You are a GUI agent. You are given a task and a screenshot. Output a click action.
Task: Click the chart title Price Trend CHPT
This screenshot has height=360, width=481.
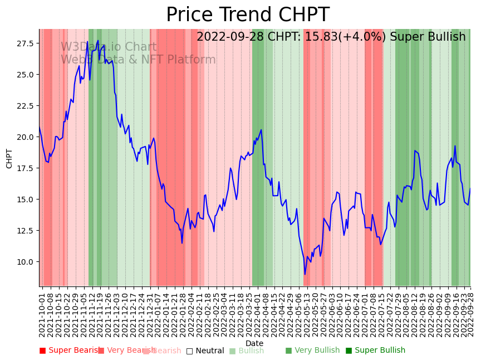click(x=248, y=15)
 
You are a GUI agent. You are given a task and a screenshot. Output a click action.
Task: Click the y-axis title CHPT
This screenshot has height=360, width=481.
click(x=9, y=158)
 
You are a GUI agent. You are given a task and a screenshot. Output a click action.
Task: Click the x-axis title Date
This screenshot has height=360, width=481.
click(x=254, y=343)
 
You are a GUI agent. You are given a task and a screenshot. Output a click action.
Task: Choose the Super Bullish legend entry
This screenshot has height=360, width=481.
click(x=376, y=351)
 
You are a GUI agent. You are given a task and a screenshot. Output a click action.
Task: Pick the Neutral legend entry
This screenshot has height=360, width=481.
click(x=205, y=351)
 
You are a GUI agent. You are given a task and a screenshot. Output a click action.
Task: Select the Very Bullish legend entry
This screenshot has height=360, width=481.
click(x=312, y=351)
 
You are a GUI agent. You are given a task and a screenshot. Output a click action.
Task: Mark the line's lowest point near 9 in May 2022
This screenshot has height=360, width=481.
click(x=305, y=274)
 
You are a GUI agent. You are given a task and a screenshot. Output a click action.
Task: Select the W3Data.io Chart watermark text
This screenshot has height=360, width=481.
click(x=109, y=47)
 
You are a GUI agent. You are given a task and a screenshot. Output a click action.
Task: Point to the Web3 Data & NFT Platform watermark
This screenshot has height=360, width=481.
click(x=138, y=60)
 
